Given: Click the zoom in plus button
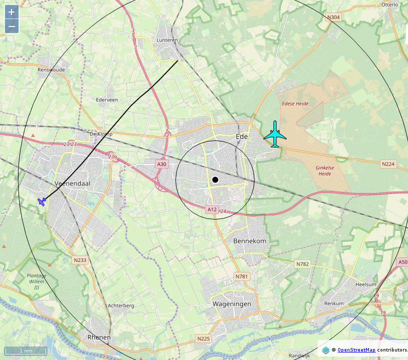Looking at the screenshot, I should coord(11,12).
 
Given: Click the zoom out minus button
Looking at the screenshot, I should coord(11,26).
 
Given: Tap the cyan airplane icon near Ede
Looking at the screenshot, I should coord(274,134).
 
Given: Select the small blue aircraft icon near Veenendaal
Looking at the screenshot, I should coord(42,201).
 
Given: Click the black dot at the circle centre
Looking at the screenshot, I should coord(215,179).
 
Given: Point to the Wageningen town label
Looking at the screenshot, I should coord(231,304).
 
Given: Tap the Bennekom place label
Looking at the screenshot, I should coord(249,241).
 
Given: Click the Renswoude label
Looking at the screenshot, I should coord(51,70).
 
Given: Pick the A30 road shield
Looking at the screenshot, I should coord(161,164).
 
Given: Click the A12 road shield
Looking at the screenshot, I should coord(212,209).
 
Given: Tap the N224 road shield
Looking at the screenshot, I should coord(388,164).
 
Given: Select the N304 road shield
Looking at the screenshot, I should coord(333,17).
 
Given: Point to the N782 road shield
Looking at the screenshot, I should coord(302,264).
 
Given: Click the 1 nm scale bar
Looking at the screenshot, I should coord(26,351).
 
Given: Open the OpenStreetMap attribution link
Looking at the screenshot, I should coord(356,350).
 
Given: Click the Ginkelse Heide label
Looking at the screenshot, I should coord(324,170).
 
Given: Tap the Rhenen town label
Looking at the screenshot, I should coord(99,337).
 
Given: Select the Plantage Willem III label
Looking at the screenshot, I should coord(36,281).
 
